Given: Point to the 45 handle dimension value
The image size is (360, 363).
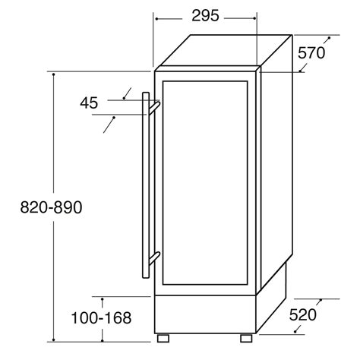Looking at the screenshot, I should click(89, 103).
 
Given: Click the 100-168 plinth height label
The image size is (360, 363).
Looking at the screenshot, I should click(102, 319).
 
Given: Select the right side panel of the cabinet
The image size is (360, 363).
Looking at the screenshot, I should click(276, 175).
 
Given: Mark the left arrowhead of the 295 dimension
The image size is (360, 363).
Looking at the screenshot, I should click(156, 14).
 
